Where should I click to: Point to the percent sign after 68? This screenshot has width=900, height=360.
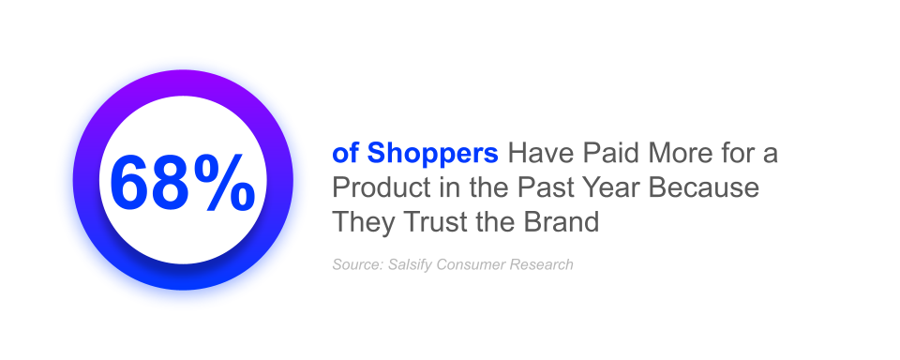[224, 182]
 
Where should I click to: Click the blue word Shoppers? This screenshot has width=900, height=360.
[433, 155]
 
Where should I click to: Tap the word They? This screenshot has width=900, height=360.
[364, 223]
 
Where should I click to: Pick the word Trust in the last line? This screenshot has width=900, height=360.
[437, 221]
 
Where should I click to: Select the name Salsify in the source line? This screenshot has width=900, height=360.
[411, 265]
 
